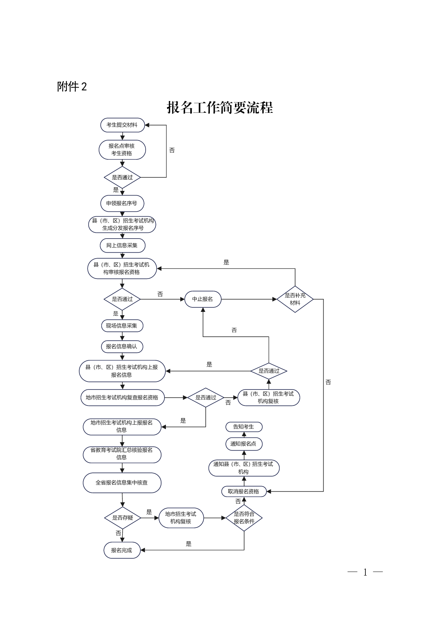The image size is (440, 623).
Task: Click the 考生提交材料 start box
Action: point(122,125)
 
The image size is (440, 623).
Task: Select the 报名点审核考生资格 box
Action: point(122,150)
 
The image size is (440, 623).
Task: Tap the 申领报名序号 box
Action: point(122,203)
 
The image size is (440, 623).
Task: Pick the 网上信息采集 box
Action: point(122,245)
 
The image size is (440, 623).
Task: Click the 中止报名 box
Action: point(203,299)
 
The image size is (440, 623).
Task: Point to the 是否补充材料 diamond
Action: point(295,299)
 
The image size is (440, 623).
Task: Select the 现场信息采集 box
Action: point(122,326)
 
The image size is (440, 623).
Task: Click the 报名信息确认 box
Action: point(122,346)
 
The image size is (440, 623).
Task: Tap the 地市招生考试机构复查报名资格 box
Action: point(122,397)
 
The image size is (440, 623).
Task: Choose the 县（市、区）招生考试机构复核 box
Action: point(269,397)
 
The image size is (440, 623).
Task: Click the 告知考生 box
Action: point(244,427)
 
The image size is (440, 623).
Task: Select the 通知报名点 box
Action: point(244,444)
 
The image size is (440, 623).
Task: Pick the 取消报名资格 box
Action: point(244,491)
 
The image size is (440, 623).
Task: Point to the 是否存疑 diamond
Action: point(122,518)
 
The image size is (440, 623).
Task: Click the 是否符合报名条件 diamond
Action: point(244,518)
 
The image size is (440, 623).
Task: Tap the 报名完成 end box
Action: point(122,550)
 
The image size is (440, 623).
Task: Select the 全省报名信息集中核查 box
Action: point(122,482)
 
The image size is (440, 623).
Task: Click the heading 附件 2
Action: point(72,87)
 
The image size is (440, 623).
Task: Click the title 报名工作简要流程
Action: point(220,108)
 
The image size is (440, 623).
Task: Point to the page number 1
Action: point(365,572)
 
